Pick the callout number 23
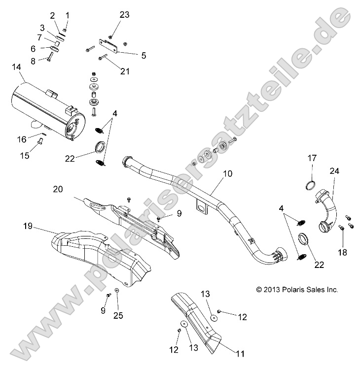[x=124, y=15]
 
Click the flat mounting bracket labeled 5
[x=109, y=46]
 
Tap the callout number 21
[x=125, y=71]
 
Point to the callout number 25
[x=119, y=315]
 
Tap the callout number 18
[x=342, y=252]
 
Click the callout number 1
[x=68, y=15]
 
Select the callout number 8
[x=34, y=61]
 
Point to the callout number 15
[x=25, y=156]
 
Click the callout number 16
[x=22, y=139]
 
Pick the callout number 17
[x=312, y=158]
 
